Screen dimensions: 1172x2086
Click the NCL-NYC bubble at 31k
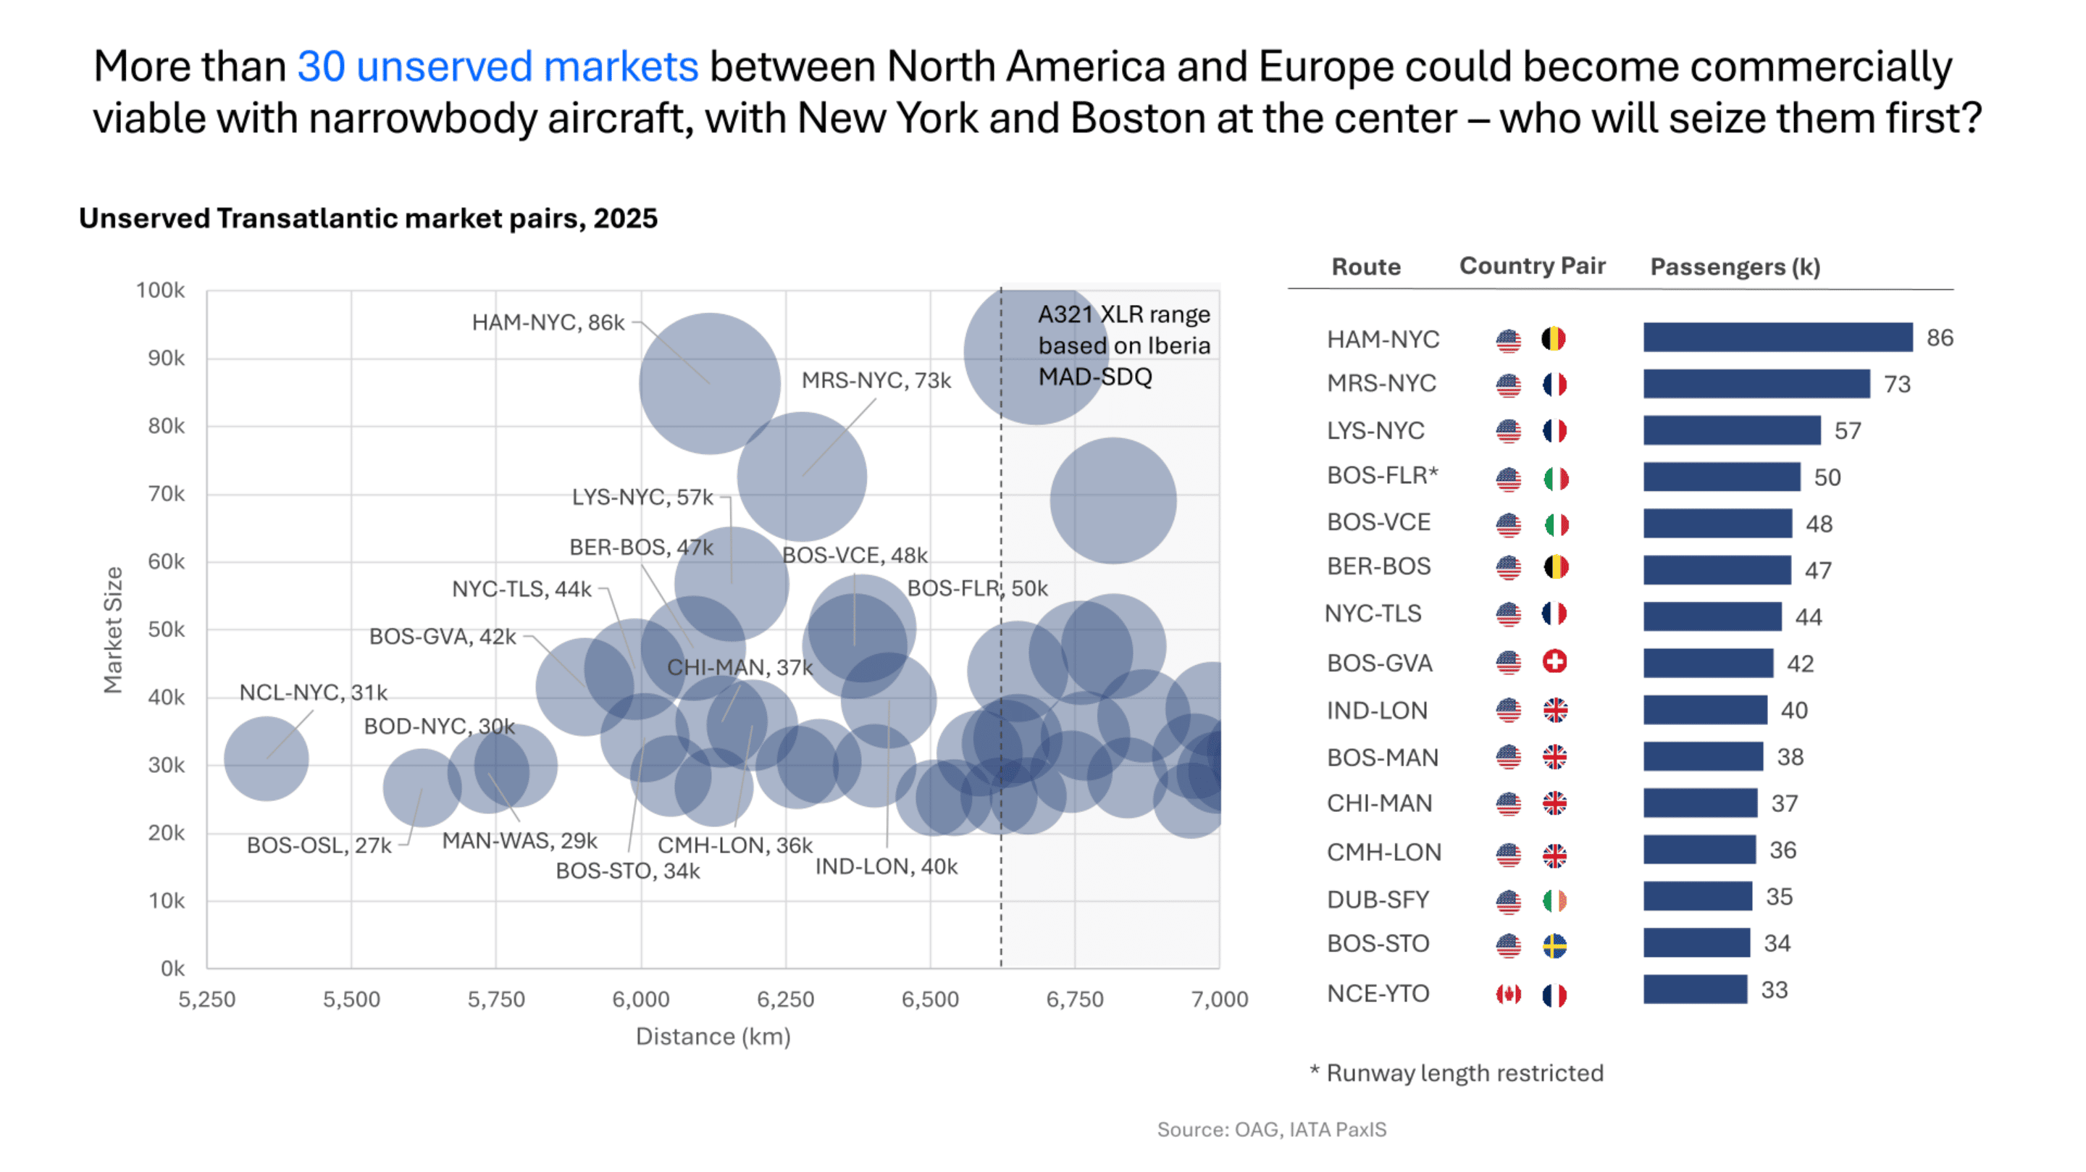266,759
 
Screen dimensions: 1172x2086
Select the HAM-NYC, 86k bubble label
548,322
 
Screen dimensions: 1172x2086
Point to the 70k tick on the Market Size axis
166,494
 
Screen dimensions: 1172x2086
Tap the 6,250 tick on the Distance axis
784,1000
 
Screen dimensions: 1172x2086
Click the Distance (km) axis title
713,1037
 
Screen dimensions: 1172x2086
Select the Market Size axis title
114,630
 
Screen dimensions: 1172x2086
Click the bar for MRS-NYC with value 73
1756,384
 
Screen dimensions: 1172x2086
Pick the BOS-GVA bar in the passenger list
1707,664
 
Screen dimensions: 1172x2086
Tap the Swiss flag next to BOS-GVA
1554,663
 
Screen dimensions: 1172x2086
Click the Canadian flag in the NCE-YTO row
1508,994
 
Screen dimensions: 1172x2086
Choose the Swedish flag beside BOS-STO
1554,945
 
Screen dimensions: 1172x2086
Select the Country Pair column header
1531,267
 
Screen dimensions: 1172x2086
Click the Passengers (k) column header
1735,267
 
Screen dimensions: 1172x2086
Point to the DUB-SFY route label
1378,900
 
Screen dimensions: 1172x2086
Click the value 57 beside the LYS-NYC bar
1847,431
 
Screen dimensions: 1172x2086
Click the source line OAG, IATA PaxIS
1270,1130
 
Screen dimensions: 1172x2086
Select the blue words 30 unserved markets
497,67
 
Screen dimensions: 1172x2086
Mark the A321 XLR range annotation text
1123,346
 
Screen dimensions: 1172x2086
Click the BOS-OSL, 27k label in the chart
318,845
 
